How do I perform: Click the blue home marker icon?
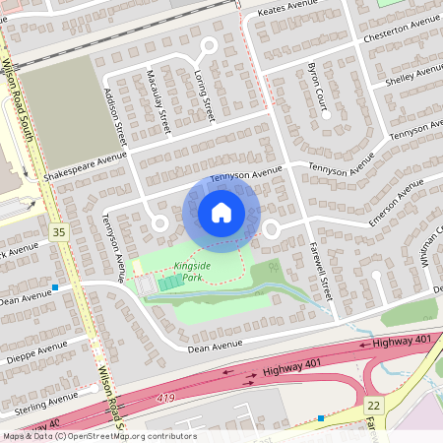pyautogui.click(x=221, y=213)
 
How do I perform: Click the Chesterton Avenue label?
pyautogui.click(x=401, y=27)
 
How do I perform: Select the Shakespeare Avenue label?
pyautogui.click(x=87, y=165)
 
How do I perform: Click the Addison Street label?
pyautogui.click(x=115, y=113)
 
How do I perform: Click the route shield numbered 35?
pyautogui.click(x=58, y=232)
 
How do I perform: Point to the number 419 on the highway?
pyautogui.click(x=167, y=399)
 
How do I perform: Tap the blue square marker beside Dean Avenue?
pyautogui.click(x=56, y=287)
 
